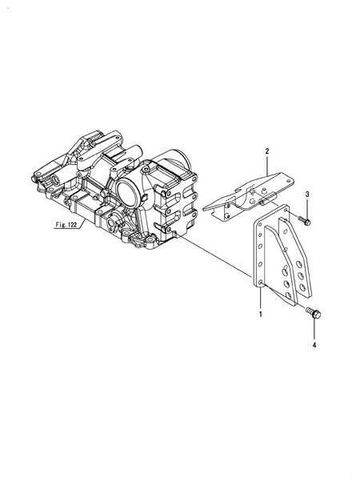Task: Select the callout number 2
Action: tap(268, 151)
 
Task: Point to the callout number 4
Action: tap(314, 345)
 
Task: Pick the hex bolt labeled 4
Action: tap(313, 315)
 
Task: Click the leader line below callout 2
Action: tap(268, 164)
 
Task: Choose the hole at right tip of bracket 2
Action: tap(282, 179)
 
